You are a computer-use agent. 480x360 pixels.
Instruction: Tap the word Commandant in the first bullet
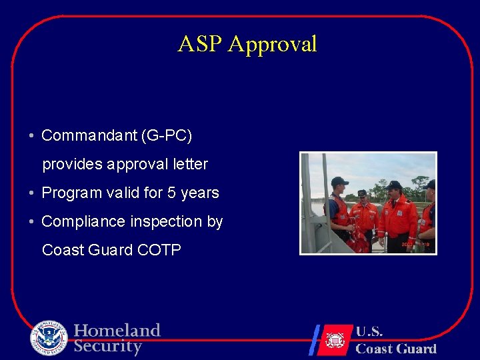coord(89,136)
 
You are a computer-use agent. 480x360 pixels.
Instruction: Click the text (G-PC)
coord(167,136)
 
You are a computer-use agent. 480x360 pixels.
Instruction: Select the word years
coord(200,193)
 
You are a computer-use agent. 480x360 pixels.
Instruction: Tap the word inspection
coord(166,221)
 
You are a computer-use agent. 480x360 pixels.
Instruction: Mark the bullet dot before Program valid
coord(32,193)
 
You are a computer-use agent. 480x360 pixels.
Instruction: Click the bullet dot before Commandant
coord(32,137)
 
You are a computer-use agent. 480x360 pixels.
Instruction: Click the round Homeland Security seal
coord(49,338)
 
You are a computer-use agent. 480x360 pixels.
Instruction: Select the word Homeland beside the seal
coord(117,331)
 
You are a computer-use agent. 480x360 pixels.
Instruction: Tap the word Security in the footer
coord(108,347)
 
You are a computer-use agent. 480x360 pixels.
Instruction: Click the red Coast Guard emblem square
coord(334,339)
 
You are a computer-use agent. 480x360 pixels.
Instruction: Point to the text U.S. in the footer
coord(369,332)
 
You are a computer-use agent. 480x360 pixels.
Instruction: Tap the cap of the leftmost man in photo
coord(339,181)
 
